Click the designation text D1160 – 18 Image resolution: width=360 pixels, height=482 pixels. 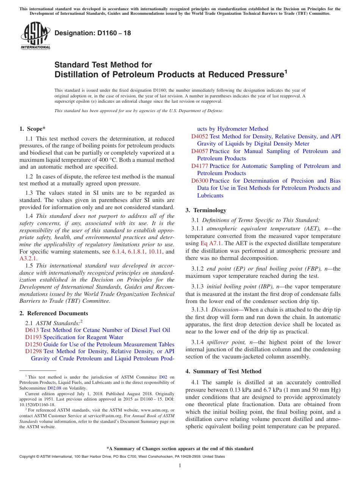click(x=93, y=33)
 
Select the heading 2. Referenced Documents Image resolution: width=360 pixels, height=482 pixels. click(x=54, y=313)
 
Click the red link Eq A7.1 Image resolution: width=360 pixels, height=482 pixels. click(x=210, y=243)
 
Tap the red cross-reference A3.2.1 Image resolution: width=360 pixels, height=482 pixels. click(x=28, y=258)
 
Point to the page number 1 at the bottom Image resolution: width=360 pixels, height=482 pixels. click(x=180, y=465)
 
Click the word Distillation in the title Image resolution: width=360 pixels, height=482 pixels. click(x=77, y=75)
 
